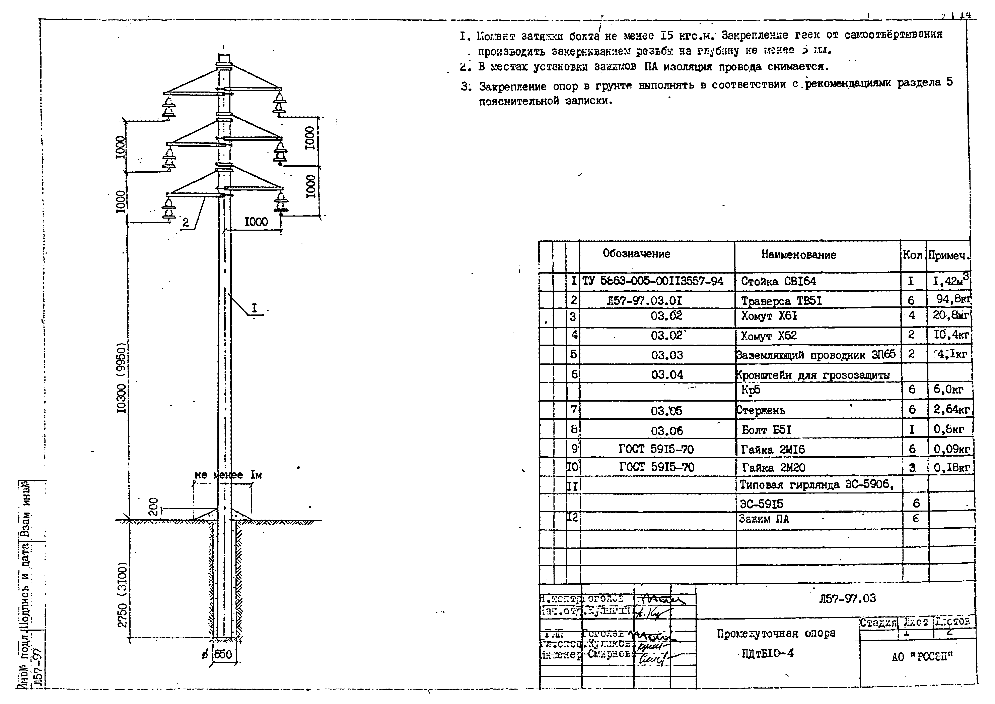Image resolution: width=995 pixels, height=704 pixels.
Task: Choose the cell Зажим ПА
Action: [x=764, y=519]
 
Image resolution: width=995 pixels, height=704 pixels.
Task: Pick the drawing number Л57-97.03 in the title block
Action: [x=847, y=599]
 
